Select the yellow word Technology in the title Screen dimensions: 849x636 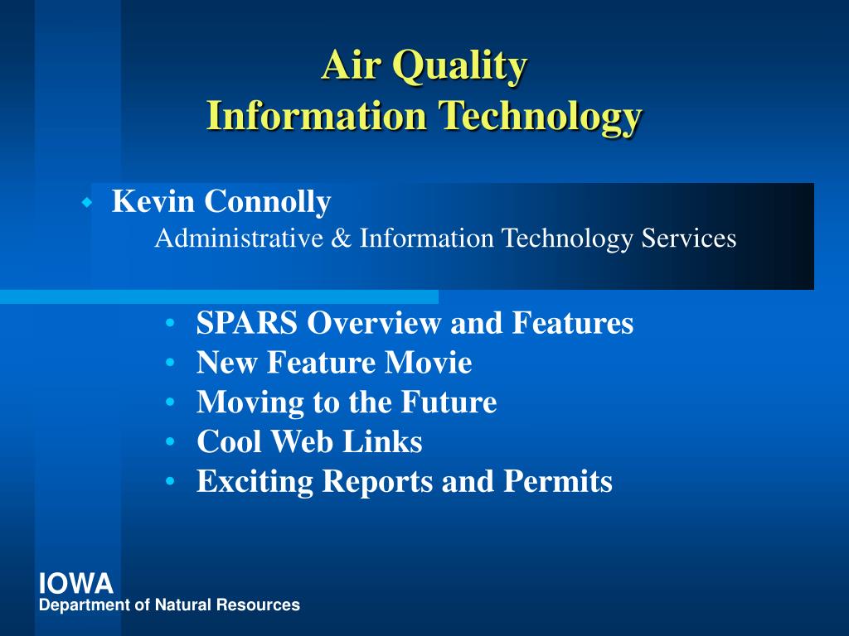540,117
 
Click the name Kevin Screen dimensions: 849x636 153,201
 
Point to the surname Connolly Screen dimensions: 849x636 268,202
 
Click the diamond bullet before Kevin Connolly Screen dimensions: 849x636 86,204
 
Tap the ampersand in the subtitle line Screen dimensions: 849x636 341,238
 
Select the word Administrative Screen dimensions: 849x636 239,238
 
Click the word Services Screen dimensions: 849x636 689,238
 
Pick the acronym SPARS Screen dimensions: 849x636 247,323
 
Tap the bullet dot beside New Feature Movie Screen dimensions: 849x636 171,363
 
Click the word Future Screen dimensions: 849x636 449,402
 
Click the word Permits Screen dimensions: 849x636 558,481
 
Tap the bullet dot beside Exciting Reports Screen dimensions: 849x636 171,481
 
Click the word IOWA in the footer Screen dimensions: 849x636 75,584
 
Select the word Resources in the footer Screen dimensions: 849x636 258,605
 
